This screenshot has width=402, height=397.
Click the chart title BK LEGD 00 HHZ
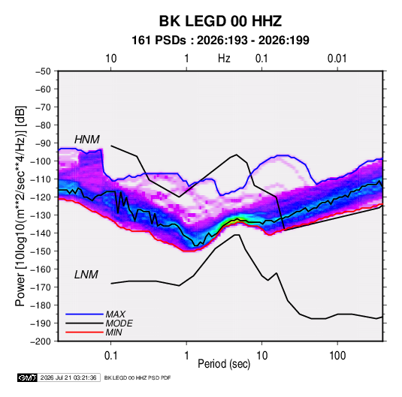coord(220,21)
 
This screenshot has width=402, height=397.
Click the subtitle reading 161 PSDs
coord(159,41)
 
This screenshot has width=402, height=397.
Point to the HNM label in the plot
coord(87,140)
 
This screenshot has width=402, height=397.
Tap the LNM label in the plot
coord(86,275)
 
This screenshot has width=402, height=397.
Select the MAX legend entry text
coord(116,314)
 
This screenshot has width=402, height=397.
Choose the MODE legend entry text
coord(119,323)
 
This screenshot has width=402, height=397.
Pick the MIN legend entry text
coord(113,332)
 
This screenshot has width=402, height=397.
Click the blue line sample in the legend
coord(84,314)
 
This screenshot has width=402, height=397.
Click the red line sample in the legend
coord(84,332)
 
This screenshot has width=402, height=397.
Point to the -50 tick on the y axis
coord(43,71)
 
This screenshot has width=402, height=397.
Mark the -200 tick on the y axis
coord(41,341)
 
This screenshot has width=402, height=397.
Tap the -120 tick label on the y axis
coord(41,197)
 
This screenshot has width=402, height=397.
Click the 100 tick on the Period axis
coord(337,356)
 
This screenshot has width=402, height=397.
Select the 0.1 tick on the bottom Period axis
coord(110,356)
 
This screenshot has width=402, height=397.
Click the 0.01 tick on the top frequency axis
coord(337,59)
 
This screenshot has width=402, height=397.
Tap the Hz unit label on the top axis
coord(224,59)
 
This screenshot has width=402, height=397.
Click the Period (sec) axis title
coord(224,364)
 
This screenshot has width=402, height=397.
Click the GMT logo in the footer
coord(28,377)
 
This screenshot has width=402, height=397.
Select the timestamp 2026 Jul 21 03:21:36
coord(68,377)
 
